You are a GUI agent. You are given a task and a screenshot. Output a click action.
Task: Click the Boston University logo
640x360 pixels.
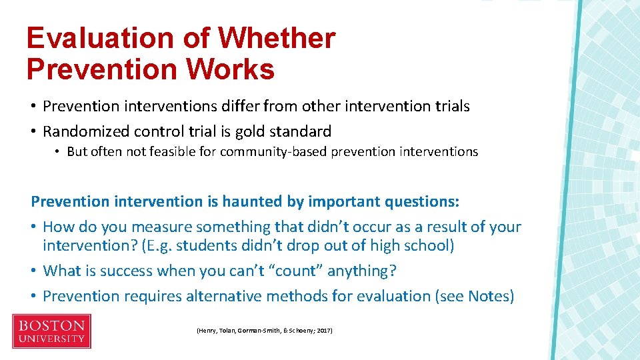click(51, 331)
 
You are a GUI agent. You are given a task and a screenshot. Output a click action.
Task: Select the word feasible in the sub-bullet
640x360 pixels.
click(171, 151)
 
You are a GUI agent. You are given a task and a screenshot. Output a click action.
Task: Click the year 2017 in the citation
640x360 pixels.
click(325, 330)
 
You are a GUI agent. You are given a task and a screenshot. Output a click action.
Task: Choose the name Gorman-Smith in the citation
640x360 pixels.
click(258, 330)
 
